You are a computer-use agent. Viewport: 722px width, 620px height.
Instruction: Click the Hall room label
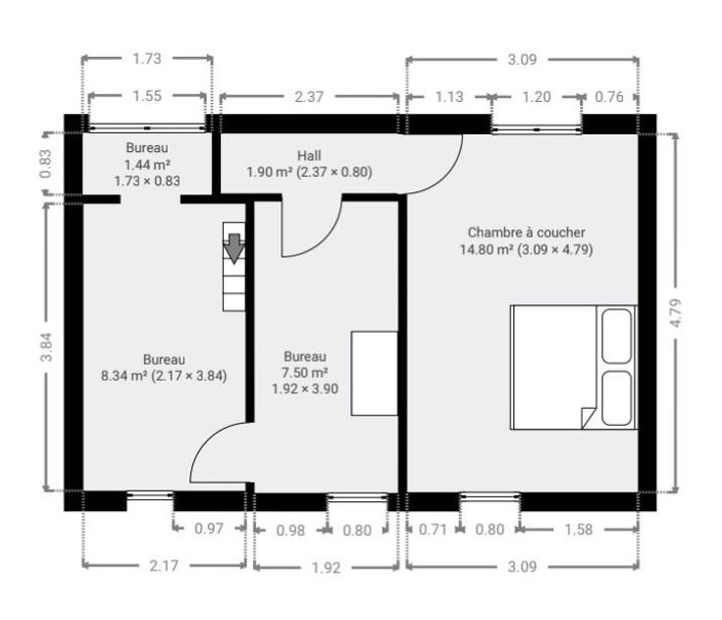point(309,156)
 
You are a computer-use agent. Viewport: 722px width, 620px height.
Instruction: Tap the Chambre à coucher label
point(527,232)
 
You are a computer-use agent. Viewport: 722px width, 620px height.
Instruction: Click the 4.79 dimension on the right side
point(676,313)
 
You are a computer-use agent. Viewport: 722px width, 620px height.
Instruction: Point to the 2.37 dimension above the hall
point(309,97)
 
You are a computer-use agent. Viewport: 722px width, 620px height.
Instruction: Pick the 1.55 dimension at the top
point(147,96)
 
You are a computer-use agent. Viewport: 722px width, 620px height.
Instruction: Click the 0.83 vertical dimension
point(45,164)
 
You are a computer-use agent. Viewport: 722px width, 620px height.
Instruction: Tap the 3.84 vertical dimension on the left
point(46,347)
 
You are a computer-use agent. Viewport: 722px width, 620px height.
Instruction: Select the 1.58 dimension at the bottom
point(579,530)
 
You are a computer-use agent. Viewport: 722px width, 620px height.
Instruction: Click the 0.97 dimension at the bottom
point(209,529)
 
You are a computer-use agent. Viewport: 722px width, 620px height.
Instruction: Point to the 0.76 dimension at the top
point(609,97)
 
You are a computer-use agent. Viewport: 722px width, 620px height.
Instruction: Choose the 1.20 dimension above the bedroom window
point(537,97)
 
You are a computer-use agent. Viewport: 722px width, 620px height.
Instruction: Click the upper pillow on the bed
point(617,336)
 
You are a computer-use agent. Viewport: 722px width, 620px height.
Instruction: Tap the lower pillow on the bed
point(617,398)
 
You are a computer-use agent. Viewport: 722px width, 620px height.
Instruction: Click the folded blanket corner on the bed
point(589,418)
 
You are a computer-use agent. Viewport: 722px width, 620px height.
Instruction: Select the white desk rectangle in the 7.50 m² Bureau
point(375,374)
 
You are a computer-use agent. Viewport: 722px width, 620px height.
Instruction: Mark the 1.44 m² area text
point(147,165)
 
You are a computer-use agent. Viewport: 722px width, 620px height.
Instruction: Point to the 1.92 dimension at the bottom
point(326,567)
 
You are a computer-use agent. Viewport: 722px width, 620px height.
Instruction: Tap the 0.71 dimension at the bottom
point(433,530)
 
